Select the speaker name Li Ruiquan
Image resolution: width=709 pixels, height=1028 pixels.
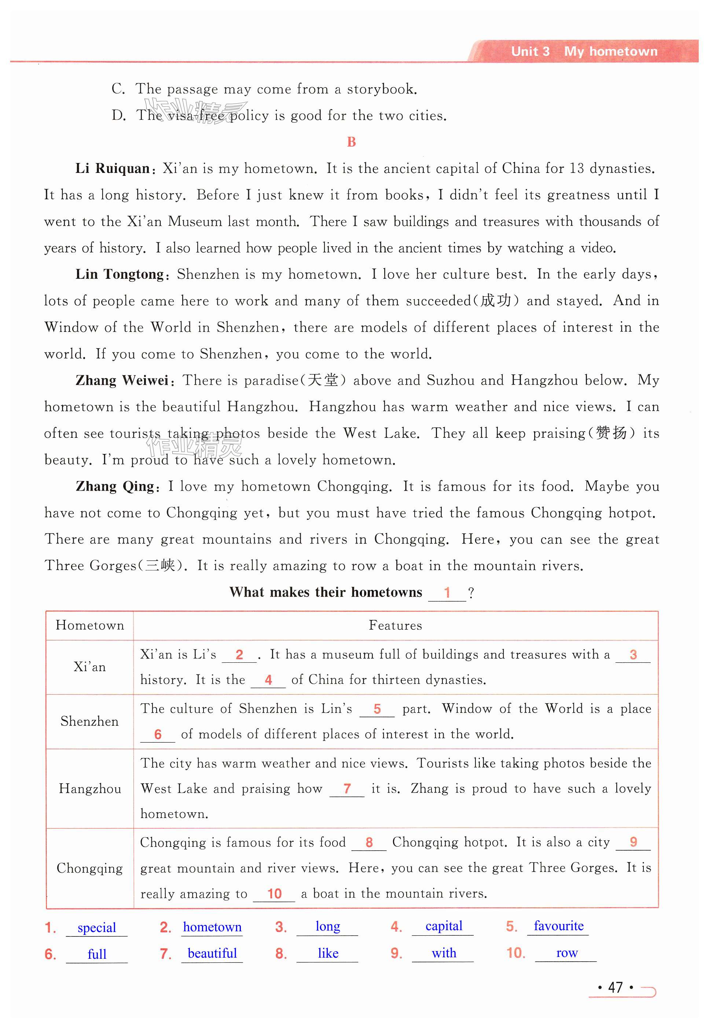click(113, 169)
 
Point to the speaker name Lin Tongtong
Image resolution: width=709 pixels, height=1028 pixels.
click(120, 274)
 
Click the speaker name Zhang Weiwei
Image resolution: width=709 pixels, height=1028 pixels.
click(122, 380)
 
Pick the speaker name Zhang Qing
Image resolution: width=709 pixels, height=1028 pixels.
click(115, 487)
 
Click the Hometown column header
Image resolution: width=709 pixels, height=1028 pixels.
click(90, 625)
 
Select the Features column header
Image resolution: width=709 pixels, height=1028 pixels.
click(395, 625)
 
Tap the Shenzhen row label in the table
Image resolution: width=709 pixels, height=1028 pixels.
click(90, 721)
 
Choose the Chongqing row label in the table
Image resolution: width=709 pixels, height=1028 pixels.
click(90, 868)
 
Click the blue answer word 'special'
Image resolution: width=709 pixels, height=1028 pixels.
click(96, 928)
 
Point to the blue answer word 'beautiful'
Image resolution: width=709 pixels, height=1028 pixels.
click(212, 953)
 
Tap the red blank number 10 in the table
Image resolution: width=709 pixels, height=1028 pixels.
click(275, 894)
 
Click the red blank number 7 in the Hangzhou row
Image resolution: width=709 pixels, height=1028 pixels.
click(347, 789)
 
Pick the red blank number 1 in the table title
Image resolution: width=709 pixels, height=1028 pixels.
click(447, 592)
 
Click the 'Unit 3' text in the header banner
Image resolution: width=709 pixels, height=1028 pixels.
click(530, 52)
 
